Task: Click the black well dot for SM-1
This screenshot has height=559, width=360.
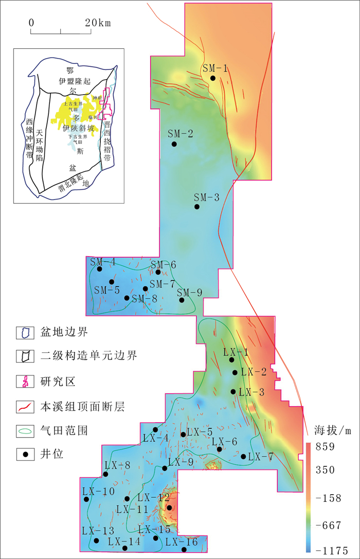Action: (x=212, y=78)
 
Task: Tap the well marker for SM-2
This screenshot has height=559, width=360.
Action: (x=174, y=144)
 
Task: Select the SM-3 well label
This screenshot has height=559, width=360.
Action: (x=206, y=197)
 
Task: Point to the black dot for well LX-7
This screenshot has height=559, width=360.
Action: (x=243, y=456)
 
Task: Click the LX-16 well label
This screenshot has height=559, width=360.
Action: (x=182, y=542)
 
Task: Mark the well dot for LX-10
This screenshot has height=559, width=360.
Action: (x=86, y=499)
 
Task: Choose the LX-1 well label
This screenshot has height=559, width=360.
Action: (x=236, y=352)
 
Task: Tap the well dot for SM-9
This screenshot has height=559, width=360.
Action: (x=182, y=300)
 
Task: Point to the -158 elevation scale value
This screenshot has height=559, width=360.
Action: (x=326, y=498)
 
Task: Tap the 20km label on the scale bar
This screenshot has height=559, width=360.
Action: (x=97, y=23)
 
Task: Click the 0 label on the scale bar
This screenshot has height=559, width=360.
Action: (x=31, y=23)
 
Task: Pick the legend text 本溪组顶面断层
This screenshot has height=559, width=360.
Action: (x=82, y=407)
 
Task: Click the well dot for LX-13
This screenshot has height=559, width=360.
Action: (x=96, y=540)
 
